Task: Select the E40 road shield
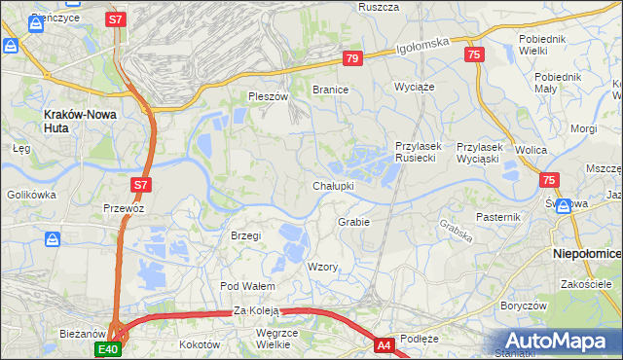tap(108, 348)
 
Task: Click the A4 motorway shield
tap(385, 343)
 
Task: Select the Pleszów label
tap(269, 97)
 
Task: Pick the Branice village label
tap(330, 89)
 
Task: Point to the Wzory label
tap(322, 267)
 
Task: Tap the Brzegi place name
tap(246, 235)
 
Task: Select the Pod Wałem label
tap(247, 286)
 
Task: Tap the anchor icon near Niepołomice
tap(563, 206)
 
